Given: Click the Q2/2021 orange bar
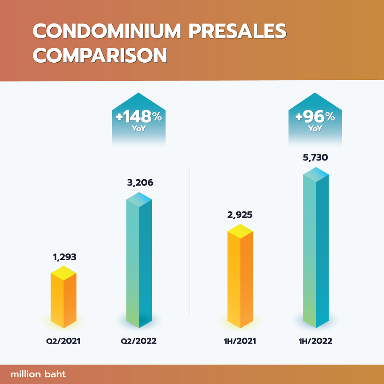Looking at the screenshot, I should (64, 299).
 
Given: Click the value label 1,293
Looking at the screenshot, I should (64, 257).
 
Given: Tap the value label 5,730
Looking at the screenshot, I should (316, 159).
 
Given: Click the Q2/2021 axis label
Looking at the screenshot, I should (64, 341).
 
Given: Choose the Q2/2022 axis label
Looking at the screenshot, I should (139, 341).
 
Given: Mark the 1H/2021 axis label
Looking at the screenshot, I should (240, 341).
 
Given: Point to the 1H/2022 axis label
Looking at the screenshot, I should (316, 341).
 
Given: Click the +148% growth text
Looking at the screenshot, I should (139, 116).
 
